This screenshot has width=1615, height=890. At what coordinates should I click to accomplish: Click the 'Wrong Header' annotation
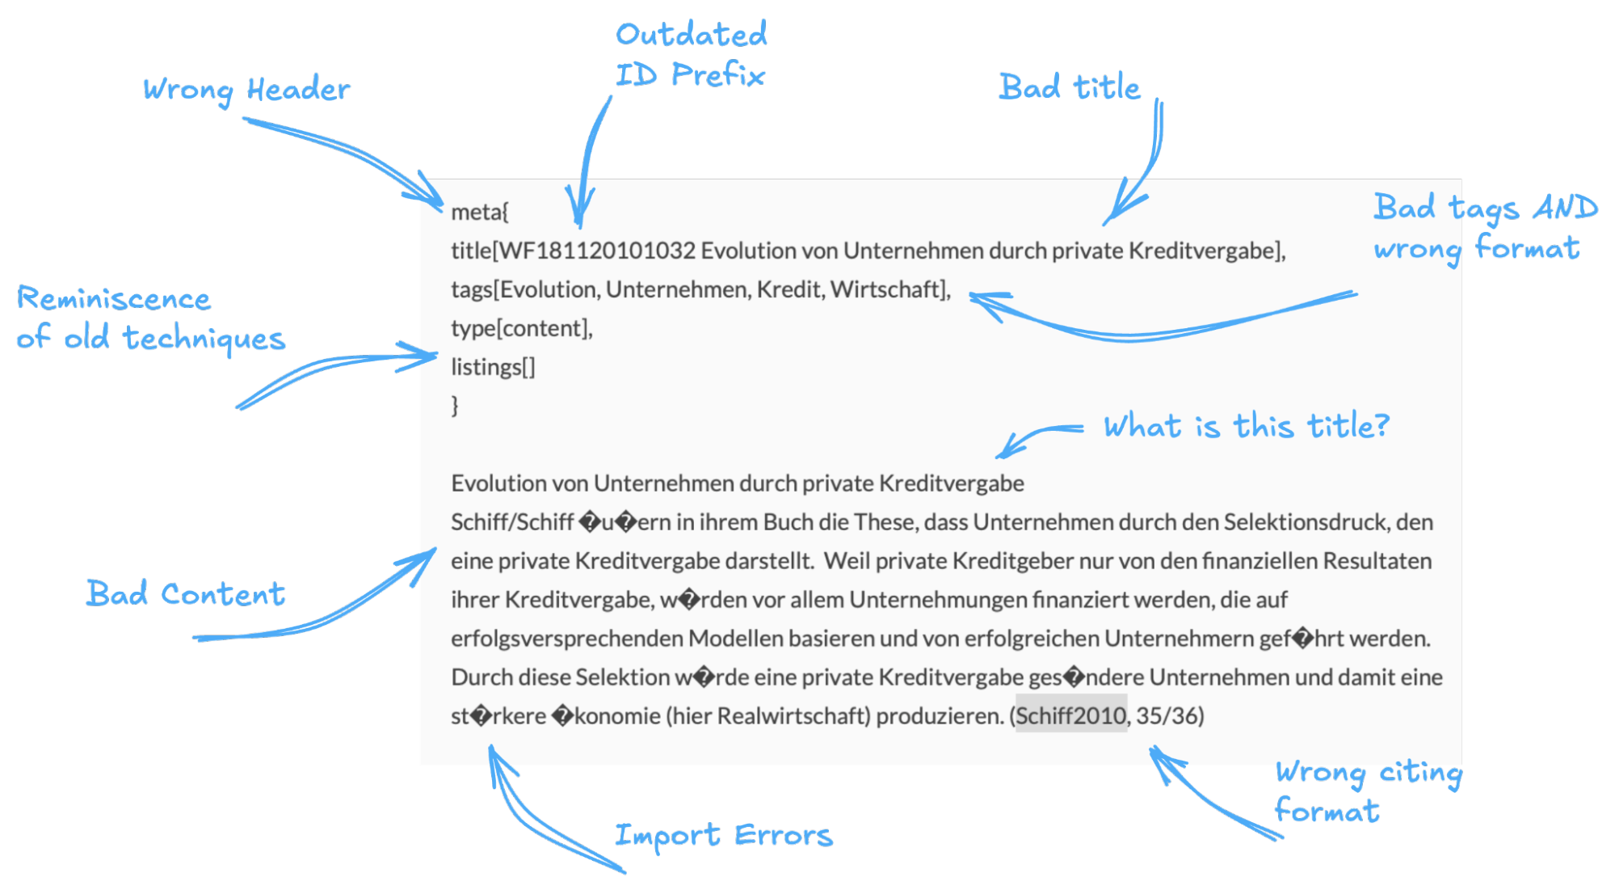pos(246,90)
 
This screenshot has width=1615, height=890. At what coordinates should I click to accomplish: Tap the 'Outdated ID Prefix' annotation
pos(691,55)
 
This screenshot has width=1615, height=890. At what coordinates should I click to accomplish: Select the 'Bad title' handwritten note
pos(1070,87)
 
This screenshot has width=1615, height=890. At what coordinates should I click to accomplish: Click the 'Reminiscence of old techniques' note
pos(151,318)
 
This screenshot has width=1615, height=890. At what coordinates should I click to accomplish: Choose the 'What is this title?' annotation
pos(1246,426)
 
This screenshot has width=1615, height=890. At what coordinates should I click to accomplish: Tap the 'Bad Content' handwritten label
pos(186,594)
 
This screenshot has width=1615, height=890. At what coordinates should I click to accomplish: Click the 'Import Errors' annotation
pos(723,835)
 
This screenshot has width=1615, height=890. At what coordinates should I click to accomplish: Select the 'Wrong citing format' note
pos(1368,792)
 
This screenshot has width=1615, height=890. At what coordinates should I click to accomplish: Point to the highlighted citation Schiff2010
pos(1070,715)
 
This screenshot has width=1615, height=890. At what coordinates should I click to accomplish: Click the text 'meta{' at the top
pos(479,212)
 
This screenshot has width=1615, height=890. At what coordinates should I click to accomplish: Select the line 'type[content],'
pos(521,328)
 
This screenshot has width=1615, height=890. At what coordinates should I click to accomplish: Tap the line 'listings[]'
pos(493,367)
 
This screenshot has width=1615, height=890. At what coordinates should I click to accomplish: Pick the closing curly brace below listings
pos(455,404)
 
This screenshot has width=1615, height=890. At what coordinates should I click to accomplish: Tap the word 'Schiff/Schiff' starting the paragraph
pos(512,522)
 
